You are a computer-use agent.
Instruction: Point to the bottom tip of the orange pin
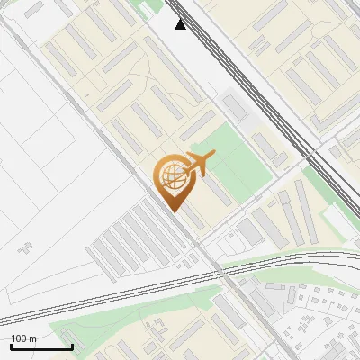[173, 211]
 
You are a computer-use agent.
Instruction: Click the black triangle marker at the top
[181, 24]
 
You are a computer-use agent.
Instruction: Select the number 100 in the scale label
[20, 338]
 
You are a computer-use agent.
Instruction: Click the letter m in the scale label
[33, 338]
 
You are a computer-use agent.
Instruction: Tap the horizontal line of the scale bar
[40, 346]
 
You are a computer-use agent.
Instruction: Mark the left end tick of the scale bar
[10, 345]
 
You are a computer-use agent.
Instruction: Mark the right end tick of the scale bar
[71, 345]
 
